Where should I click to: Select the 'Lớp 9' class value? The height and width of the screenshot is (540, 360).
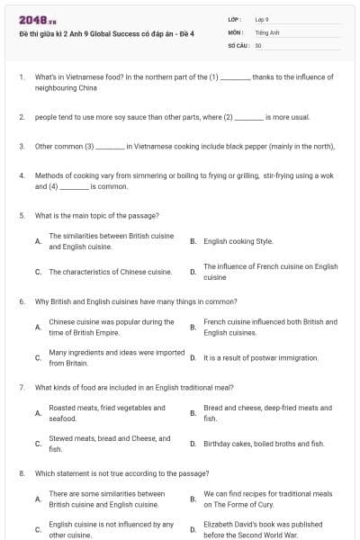point(262,19)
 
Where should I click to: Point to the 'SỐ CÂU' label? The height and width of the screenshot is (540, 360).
point(238,44)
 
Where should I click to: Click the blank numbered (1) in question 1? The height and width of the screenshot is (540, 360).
point(235,78)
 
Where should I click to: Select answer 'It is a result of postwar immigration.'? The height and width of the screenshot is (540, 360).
point(261,358)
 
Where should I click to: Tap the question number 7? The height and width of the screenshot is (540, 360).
point(21,387)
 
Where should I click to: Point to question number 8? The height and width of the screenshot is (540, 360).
point(21,472)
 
